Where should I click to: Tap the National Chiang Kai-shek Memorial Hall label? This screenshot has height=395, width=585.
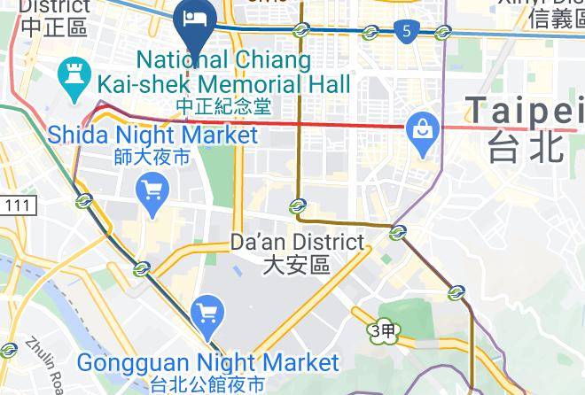point(224,73)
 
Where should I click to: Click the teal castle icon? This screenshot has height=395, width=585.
point(72,74)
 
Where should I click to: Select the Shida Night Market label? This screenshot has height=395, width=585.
point(152,136)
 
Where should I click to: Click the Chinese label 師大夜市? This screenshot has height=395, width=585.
point(152,159)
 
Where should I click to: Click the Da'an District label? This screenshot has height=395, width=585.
point(297,242)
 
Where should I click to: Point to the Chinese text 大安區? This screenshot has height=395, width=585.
point(297,264)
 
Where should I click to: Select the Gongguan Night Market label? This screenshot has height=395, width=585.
point(207,362)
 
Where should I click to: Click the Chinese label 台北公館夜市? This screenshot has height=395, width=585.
point(207,384)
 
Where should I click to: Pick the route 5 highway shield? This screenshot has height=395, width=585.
point(406,32)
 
